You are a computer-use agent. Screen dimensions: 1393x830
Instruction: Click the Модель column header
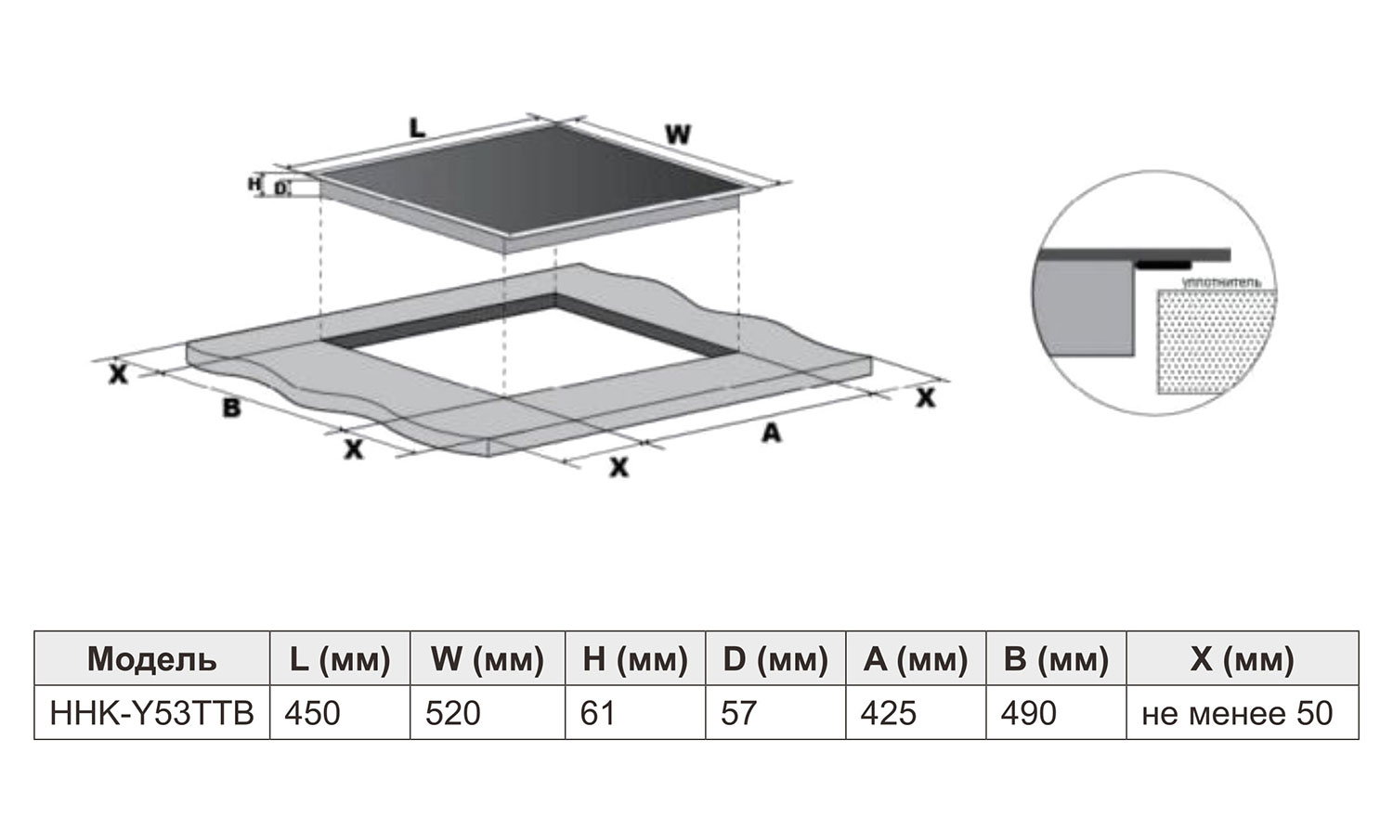click(x=151, y=659)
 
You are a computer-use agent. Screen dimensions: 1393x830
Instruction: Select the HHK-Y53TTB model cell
click(x=151, y=713)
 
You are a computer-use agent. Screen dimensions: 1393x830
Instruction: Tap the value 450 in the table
click(x=312, y=713)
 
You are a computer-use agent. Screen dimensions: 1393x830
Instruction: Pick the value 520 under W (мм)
click(x=453, y=713)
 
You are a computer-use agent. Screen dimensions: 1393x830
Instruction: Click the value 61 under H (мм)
click(x=598, y=713)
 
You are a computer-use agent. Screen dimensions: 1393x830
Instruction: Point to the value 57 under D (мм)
click(x=738, y=713)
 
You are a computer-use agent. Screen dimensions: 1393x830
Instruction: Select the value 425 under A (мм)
click(x=889, y=713)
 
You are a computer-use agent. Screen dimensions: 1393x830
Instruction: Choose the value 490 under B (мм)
click(x=1029, y=713)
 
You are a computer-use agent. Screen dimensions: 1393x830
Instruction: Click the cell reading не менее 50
click(x=1237, y=713)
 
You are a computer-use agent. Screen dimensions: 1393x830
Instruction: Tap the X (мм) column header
click(x=1242, y=659)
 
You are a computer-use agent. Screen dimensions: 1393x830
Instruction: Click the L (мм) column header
click(x=340, y=659)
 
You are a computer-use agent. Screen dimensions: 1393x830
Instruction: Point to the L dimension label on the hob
click(x=417, y=129)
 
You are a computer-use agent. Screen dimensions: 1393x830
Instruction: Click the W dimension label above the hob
click(x=678, y=134)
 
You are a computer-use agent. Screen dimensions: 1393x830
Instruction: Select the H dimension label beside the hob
click(x=254, y=184)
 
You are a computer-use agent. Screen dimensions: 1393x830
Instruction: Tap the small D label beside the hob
click(x=280, y=188)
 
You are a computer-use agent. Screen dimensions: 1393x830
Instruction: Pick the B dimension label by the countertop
click(x=231, y=408)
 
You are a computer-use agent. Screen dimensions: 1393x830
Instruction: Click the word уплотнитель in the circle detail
click(x=1222, y=283)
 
